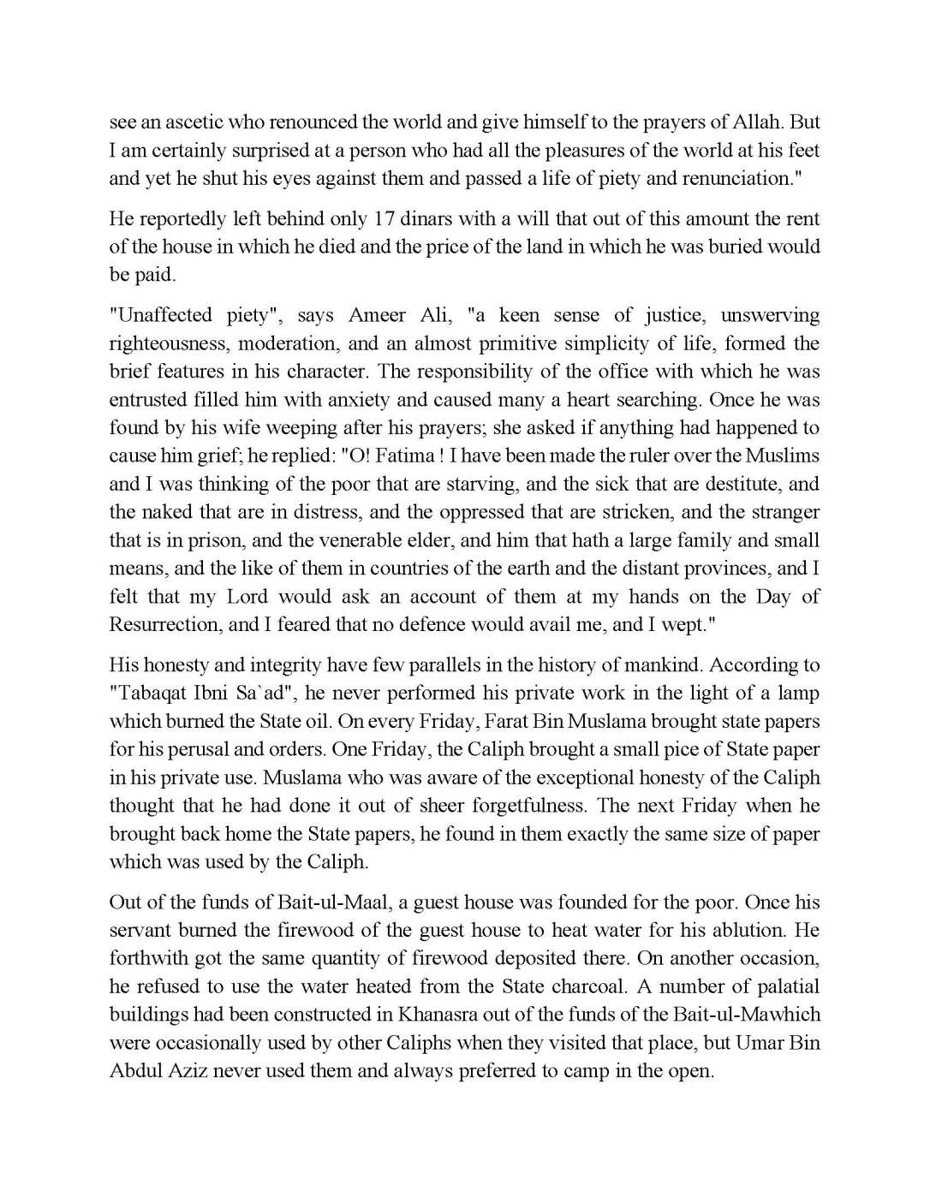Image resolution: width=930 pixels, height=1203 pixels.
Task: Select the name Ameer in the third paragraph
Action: pos(380,315)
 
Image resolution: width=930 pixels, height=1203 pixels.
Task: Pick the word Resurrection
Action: pos(163,625)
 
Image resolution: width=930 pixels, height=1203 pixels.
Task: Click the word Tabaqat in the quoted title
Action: pos(151,694)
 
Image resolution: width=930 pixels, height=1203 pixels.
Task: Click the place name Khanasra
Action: pos(436,1015)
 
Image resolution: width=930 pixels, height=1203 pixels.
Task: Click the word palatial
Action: pos(780,987)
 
